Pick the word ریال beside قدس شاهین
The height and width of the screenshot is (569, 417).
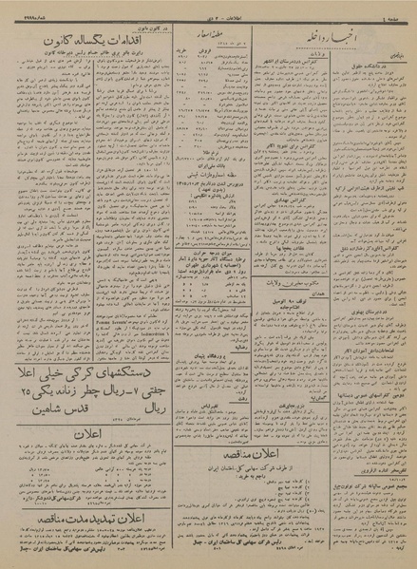point(142,412)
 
